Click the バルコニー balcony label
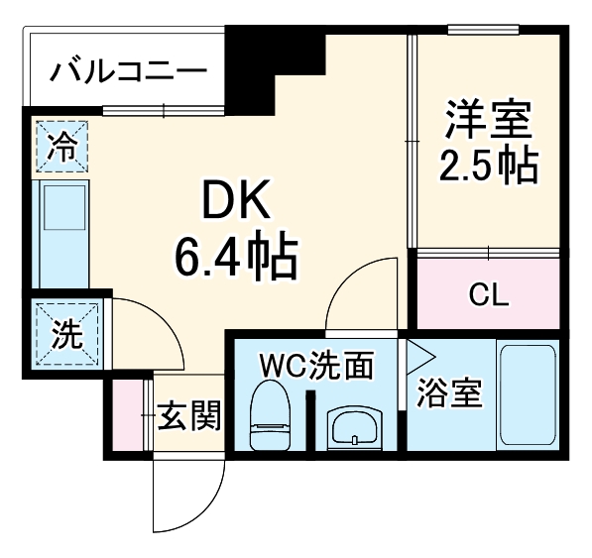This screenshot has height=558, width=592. coord(129,71)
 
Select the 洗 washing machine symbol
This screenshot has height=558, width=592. coord(64,333)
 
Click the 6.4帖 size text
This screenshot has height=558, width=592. coord(236,259)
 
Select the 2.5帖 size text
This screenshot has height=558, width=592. coord(489,167)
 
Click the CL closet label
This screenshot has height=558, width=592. coord(488,293)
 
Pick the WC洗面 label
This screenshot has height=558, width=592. coord(315,367)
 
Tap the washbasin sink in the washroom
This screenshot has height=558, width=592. coord(353,429)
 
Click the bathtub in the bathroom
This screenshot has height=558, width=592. coord(526,393)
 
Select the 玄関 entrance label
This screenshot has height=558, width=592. coord(188,417)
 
